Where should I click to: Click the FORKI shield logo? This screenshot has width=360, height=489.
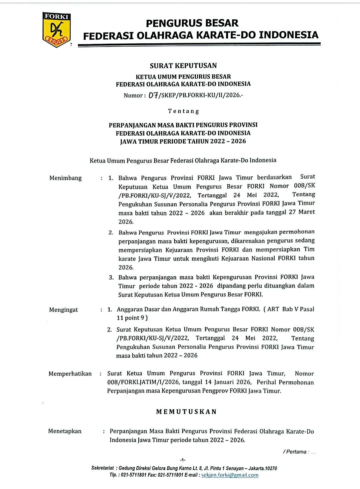(57, 29)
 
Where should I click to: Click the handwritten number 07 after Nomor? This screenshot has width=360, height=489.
(153, 95)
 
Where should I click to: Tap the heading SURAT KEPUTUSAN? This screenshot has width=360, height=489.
(183, 66)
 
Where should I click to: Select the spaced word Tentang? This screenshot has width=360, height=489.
(183, 111)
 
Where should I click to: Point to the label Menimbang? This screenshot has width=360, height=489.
(65, 178)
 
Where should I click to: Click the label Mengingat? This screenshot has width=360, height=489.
(63, 310)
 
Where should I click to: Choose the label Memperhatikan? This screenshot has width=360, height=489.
(70, 374)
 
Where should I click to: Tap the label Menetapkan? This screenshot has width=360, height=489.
(65, 431)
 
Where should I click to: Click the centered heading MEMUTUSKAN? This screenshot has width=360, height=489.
(186, 412)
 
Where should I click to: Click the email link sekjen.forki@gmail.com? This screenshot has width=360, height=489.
(230, 475)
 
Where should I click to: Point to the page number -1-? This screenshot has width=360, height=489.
(183, 460)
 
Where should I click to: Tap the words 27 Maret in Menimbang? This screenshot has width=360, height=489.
(302, 212)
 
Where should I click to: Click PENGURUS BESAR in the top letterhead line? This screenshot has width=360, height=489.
(192, 23)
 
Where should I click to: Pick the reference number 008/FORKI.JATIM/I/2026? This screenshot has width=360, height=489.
(143, 382)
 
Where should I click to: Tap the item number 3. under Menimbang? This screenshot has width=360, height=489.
(111, 277)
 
